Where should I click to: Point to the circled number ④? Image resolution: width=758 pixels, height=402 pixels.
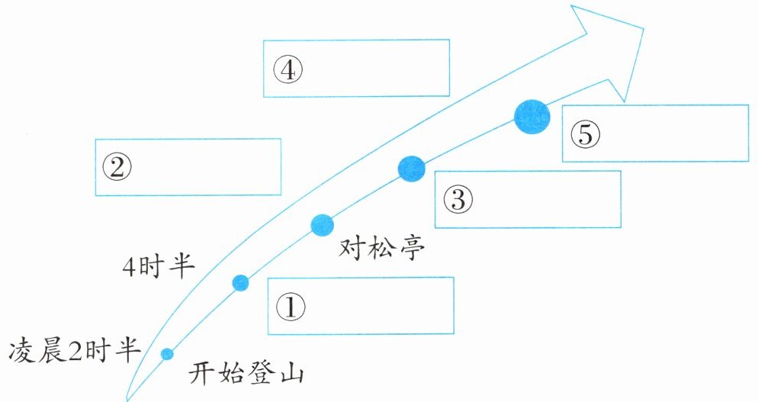click(x=287, y=70)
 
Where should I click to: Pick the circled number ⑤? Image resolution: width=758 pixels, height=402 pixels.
click(x=585, y=134)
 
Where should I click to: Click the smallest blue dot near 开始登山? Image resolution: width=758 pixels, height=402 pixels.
click(x=167, y=353)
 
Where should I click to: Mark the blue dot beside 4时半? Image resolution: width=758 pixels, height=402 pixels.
click(x=240, y=283)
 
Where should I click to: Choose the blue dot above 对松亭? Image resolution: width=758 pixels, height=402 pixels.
click(x=323, y=224)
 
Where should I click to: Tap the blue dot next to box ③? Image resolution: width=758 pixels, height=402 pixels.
click(x=411, y=169)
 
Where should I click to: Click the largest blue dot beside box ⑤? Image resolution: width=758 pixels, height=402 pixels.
click(x=532, y=117)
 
